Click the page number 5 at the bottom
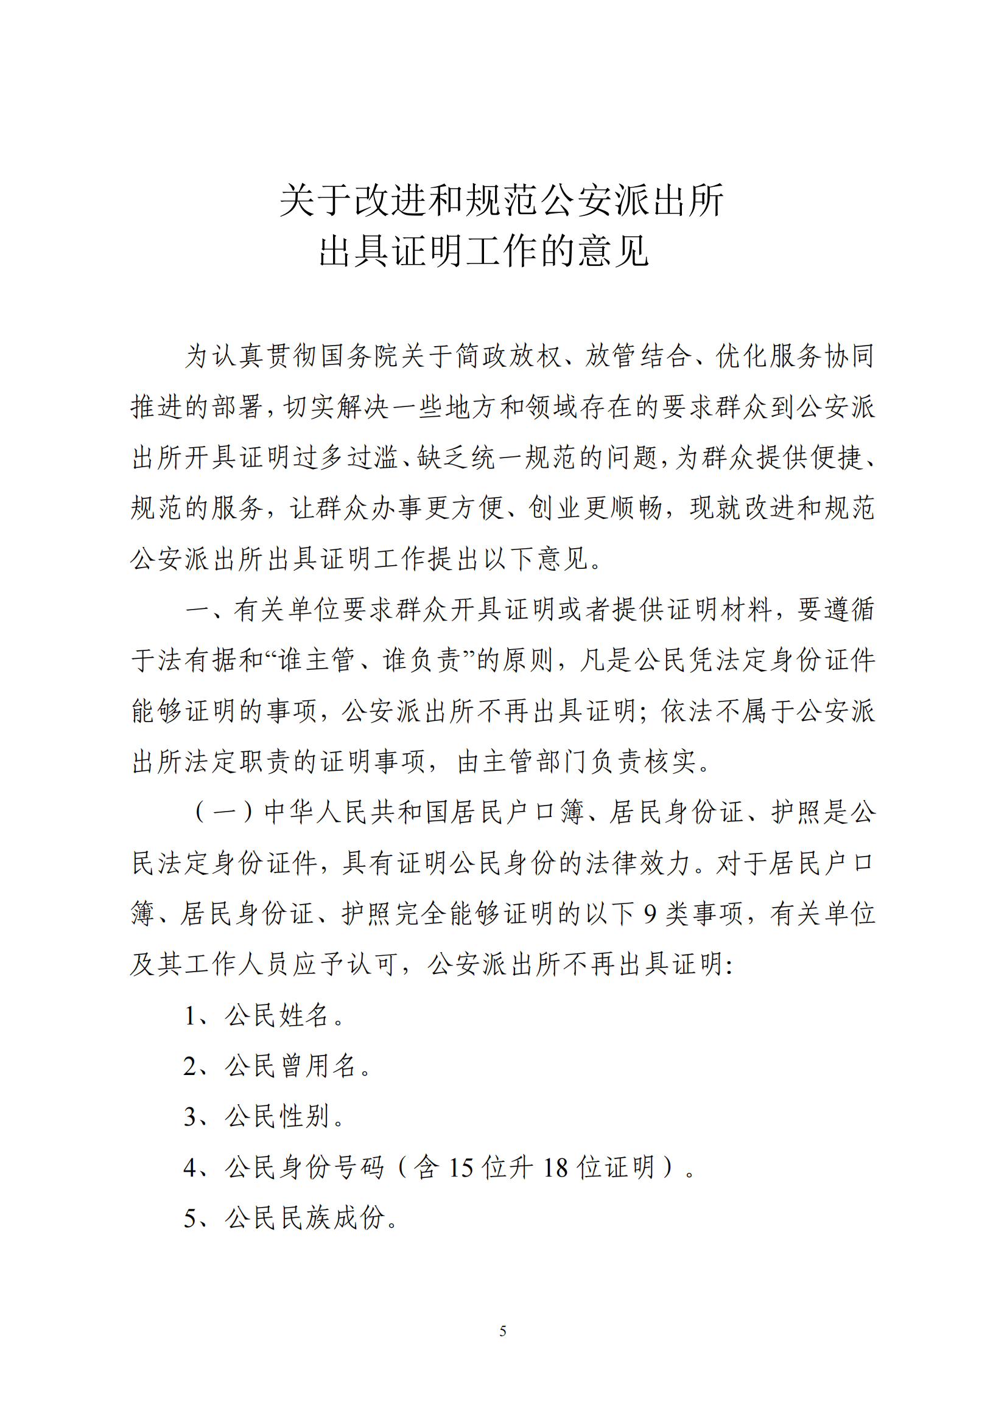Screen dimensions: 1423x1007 point(502,1331)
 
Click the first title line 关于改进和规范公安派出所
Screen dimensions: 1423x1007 point(502,200)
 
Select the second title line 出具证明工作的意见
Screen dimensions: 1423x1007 point(483,251)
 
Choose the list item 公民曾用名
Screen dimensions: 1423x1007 point(290,1066)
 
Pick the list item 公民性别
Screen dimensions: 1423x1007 point(276,1116)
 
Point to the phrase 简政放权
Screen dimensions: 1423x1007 point(508,356)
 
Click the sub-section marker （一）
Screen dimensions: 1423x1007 point(224,812)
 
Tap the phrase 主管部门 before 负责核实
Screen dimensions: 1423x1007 point(522,762)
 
